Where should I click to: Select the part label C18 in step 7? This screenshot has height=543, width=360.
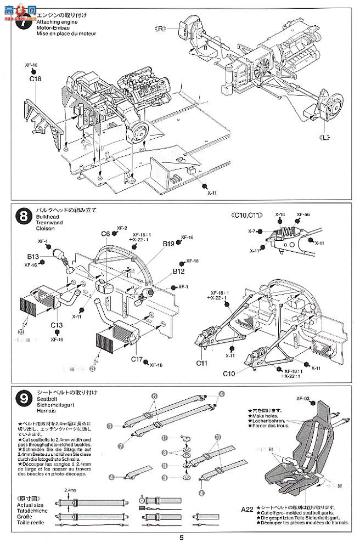35,78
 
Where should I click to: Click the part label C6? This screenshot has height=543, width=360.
105,234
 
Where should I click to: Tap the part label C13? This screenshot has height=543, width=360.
57,325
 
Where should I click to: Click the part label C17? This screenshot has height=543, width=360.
138,360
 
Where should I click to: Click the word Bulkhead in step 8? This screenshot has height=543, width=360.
47,218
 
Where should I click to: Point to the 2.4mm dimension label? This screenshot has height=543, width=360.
70,489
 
